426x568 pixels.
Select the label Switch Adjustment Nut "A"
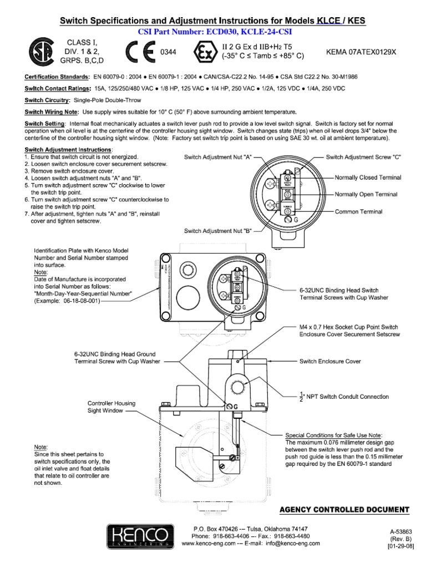click(218, 158)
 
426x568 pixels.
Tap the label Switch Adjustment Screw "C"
click(363, 158)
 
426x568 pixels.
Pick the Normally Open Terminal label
click(366, 195)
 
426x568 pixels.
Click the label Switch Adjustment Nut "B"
click(218, 231)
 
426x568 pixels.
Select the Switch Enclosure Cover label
click(330, 361)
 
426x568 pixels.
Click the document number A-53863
click(401, 531)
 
